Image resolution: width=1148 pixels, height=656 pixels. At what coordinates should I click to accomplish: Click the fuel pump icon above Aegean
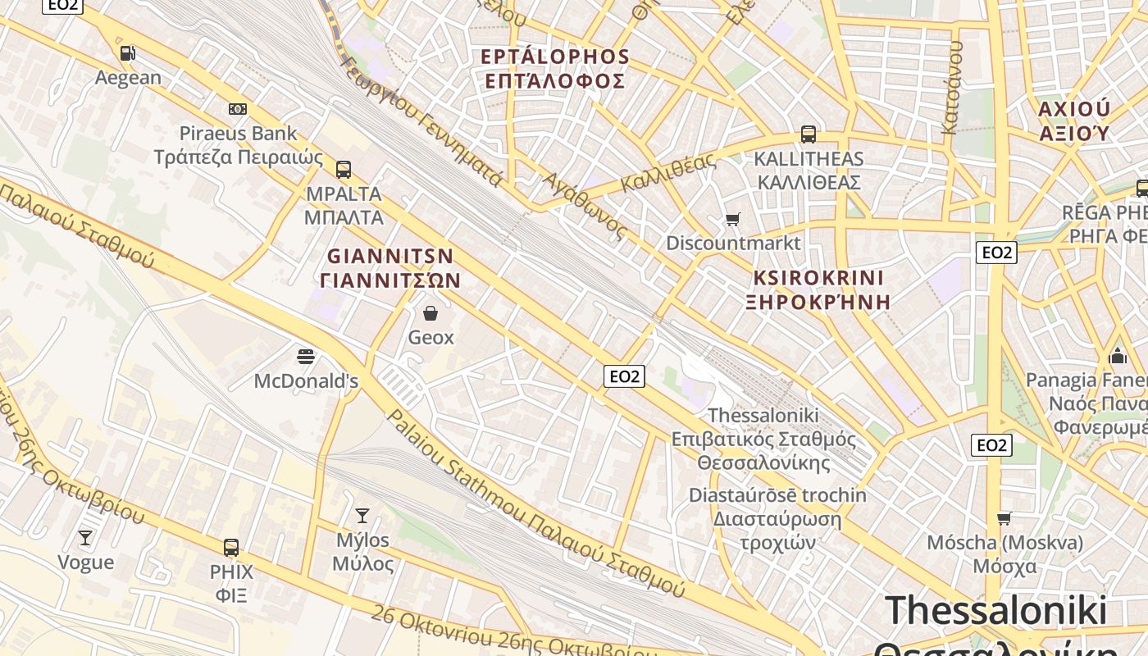click(127, 53)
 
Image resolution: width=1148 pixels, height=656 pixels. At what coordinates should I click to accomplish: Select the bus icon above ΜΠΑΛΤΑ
click(344, 170)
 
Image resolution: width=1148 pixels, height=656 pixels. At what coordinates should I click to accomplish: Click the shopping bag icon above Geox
click(430, 312)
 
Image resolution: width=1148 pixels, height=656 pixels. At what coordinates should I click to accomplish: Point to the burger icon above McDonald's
click(306, 356)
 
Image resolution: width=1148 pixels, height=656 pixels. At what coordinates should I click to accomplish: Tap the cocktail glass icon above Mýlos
click(362, 515)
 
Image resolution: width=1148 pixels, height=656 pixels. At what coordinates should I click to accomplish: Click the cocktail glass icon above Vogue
click(85, 537)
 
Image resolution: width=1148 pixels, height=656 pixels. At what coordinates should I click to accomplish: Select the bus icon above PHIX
click(231, 547)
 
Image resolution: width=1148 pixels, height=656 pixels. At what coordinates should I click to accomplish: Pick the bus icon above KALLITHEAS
click(809, 134)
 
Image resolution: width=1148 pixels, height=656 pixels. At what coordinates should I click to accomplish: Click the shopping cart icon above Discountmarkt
click(732, 219)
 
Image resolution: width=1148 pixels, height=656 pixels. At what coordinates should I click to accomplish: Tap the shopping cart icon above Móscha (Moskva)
click(1004, 518)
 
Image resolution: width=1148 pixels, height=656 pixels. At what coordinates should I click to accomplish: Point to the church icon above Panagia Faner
click(1117, 356)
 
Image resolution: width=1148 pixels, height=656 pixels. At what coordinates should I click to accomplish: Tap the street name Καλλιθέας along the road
click(668, 173)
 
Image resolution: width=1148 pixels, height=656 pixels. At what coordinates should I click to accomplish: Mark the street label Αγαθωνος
click(585, 206)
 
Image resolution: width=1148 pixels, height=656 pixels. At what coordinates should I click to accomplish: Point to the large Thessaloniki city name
click(996, 611)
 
